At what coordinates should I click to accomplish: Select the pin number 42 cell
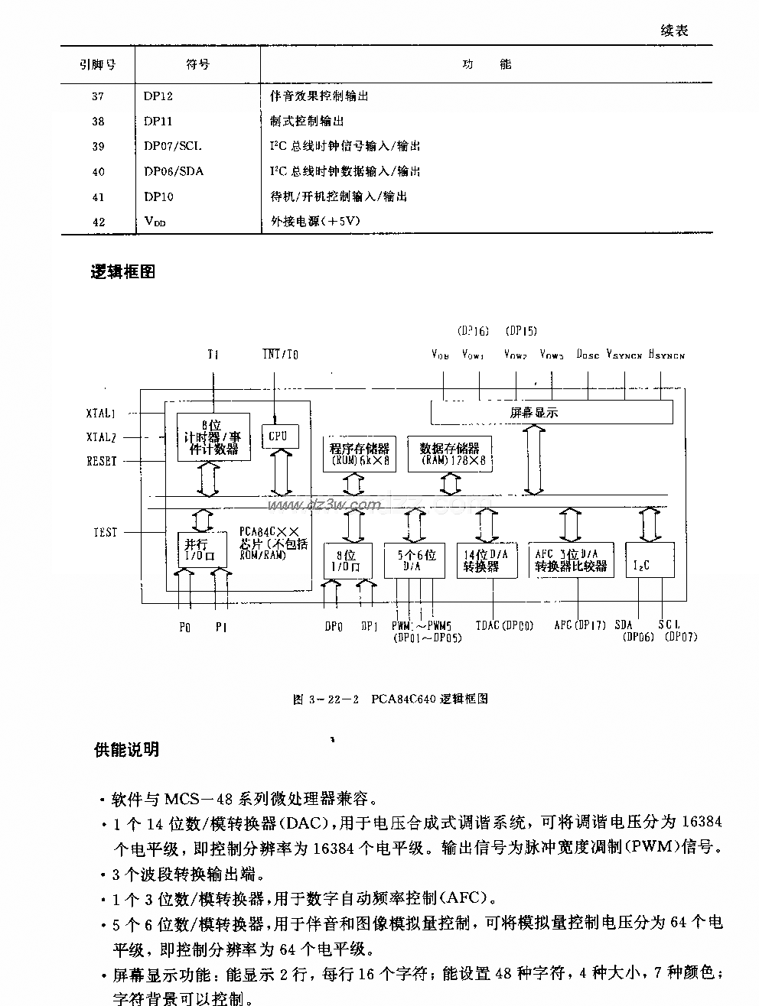pos(98,222)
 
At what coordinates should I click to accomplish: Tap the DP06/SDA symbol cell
pos(174,171)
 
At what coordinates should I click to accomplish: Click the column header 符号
pos(197,65)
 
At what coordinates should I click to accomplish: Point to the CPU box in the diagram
pos(278,436)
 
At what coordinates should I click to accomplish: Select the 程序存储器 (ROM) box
pos(359,455)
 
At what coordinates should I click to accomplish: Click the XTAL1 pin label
pos(101,414)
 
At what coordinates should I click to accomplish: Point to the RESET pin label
pos(102,462)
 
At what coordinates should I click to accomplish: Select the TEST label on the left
pos(106,532)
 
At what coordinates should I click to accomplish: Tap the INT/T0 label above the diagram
pos(280,354)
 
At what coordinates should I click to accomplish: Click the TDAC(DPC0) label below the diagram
pos(504,625)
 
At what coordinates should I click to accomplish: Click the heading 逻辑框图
pos(123,272)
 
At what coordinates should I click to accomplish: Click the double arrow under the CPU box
pos(279,474)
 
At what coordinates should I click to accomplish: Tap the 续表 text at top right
pos(674,31)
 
